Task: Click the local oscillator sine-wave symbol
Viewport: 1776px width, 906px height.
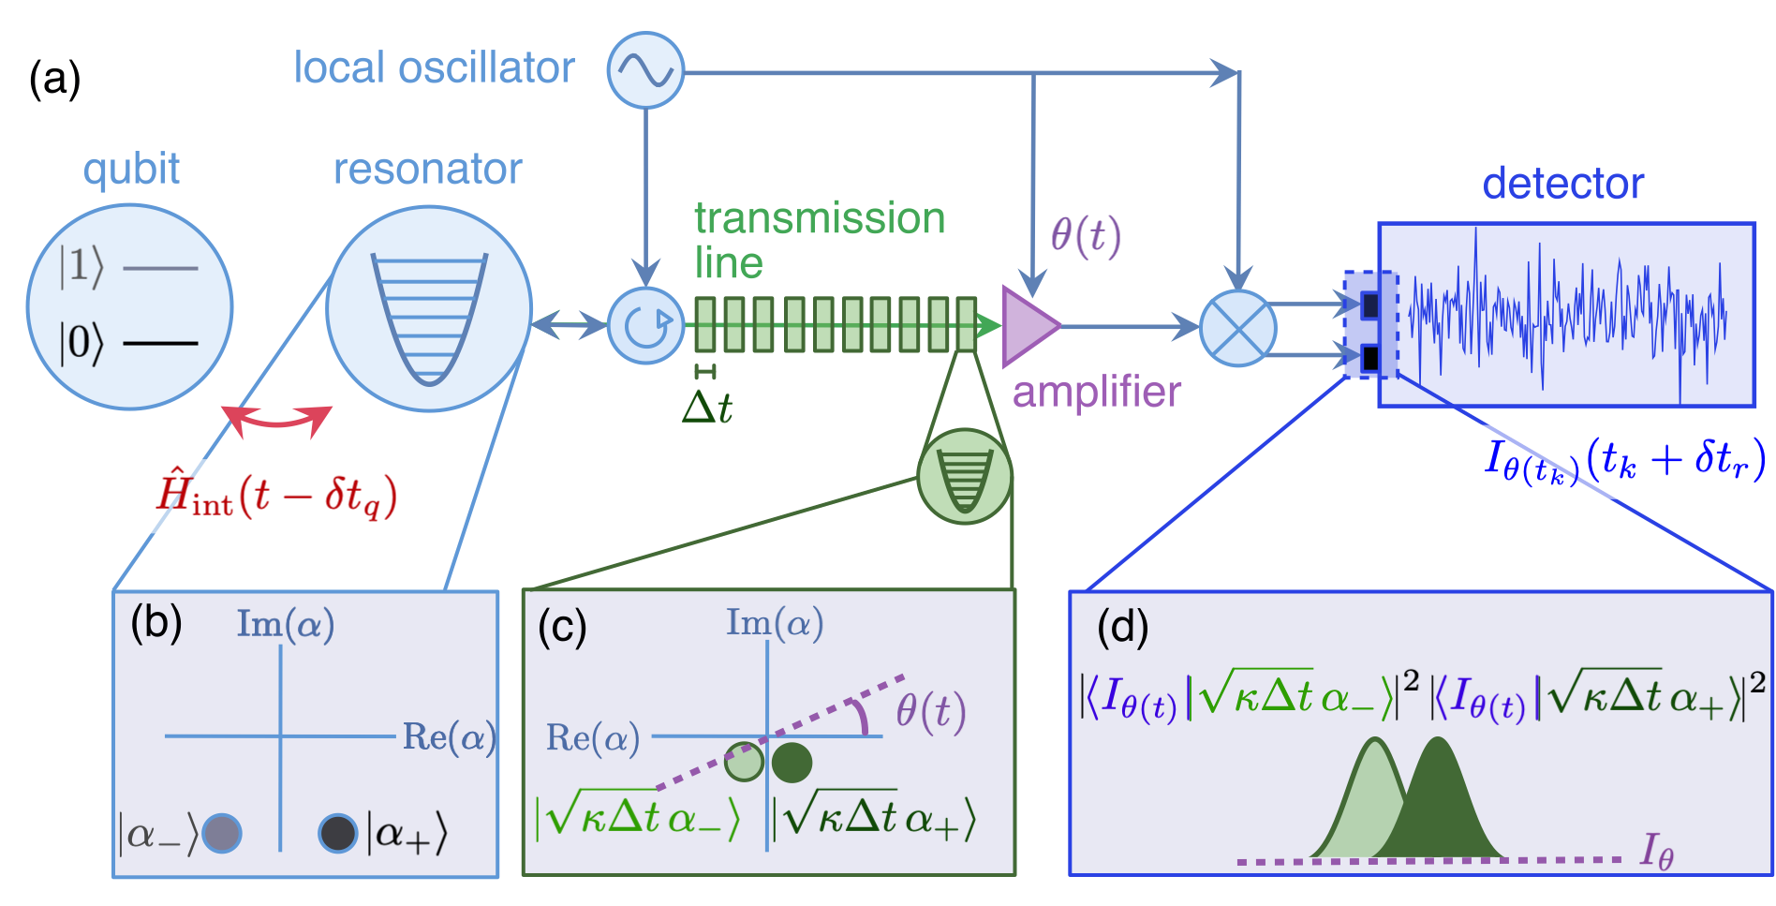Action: coord(645,70)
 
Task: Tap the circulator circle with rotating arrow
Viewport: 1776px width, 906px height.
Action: coord(645,325)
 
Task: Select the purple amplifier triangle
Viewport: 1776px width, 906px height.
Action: coord(1028,326)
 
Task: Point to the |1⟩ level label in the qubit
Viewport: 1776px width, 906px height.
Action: coord(81,267)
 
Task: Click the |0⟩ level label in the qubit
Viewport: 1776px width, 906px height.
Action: coord(81,343)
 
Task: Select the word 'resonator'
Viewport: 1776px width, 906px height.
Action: coord(427,170)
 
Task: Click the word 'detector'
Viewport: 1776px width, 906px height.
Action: coord(1562,184)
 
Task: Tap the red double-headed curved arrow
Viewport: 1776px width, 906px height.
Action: coord(277,421)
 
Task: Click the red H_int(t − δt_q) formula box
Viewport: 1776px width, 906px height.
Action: coord(286,497)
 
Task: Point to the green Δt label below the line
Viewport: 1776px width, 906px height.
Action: coord(707,407)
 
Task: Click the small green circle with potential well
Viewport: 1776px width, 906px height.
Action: coord(964,476)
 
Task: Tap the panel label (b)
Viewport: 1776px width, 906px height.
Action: coord(156,623)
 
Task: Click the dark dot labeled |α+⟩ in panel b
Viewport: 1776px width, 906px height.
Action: coord(337,832)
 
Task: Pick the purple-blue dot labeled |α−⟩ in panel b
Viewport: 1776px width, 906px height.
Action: coord(222,832)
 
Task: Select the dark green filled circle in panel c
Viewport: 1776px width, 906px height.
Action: coord(792,762)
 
